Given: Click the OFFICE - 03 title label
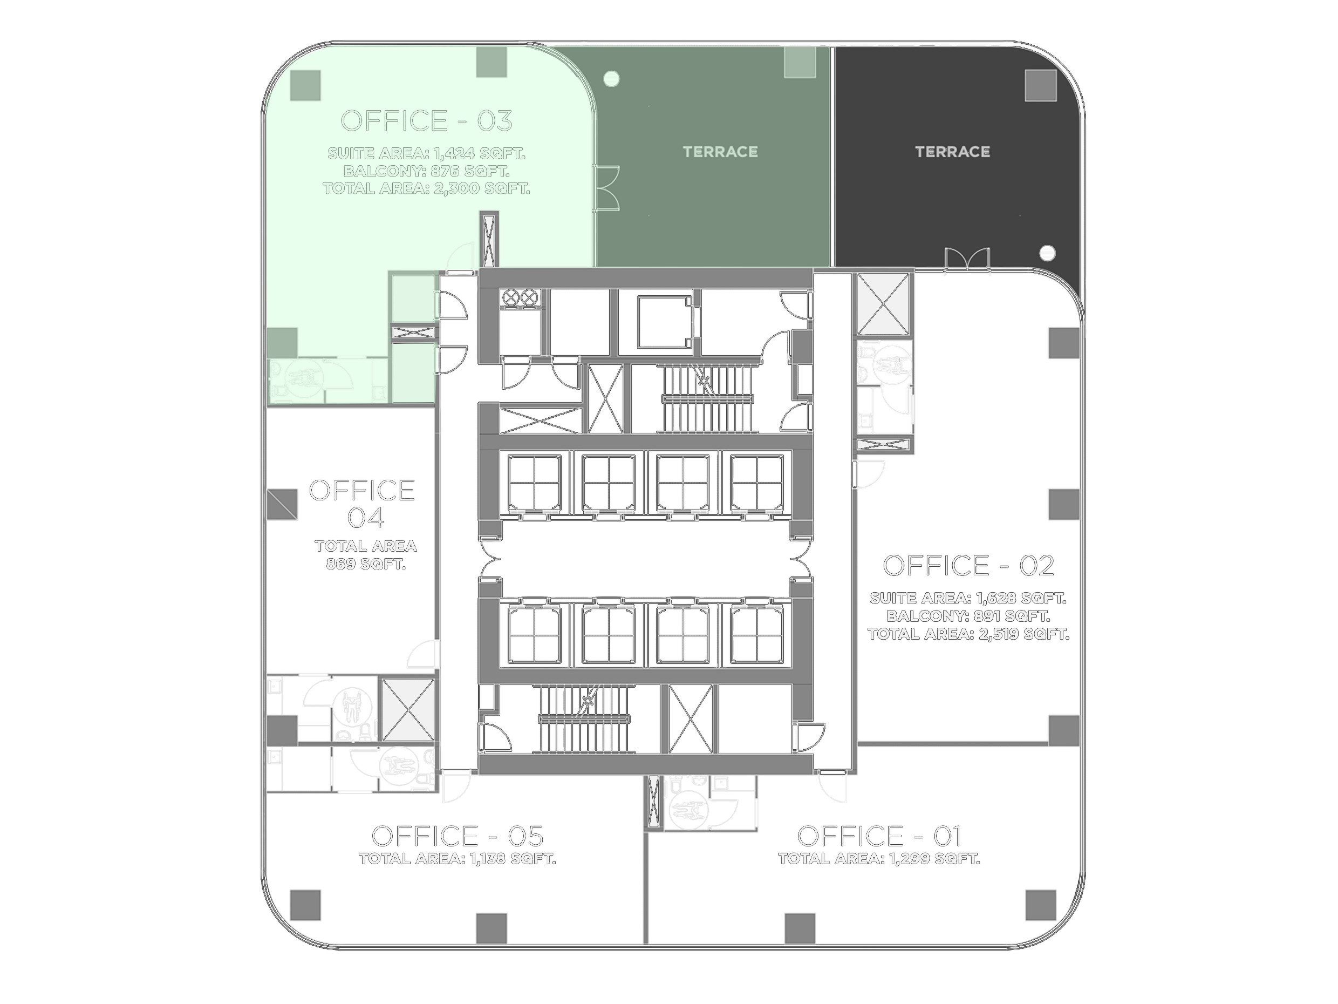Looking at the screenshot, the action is coord(426,121).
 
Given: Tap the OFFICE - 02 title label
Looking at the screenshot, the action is coord(968,566).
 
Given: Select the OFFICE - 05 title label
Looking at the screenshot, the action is coord(458,836).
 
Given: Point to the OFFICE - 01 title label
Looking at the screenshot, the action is coord(879,836).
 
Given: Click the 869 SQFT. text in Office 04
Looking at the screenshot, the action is coord(366,564).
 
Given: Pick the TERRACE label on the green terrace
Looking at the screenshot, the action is coord(720,151).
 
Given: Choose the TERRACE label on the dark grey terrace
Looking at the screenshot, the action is coord(953,151).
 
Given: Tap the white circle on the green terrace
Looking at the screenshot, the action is coord(611,78).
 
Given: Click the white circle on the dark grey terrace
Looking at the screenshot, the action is coord(1047,253).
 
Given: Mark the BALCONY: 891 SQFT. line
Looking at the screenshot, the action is coord(968,616).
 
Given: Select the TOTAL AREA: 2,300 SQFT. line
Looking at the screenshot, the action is coord(426,188).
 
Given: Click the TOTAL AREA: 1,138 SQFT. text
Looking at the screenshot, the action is coord(458,859).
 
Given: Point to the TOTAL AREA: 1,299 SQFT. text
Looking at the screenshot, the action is coord(879,859).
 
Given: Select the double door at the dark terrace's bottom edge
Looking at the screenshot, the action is coord(967,259).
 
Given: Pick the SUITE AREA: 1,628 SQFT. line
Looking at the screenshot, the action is coord(968,599).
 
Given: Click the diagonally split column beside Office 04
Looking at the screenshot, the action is coord(283,504).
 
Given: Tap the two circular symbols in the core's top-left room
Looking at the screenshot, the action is coord(520,297).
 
